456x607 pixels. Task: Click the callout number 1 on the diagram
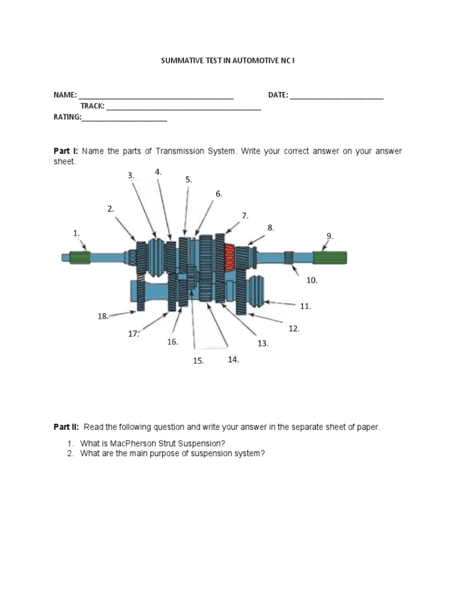[x=76, y=234]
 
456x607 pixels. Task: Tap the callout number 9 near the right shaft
[x=330, y=236]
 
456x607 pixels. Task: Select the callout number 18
[x=103, y=317]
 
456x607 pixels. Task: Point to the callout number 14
[x=233, y=359]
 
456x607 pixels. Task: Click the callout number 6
[x=218, y=194]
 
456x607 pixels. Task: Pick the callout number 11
[x=305, y=306]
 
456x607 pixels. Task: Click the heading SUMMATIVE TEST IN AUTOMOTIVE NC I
[x=229, y=61]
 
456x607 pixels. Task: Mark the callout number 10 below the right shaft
[x=311, y=280]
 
